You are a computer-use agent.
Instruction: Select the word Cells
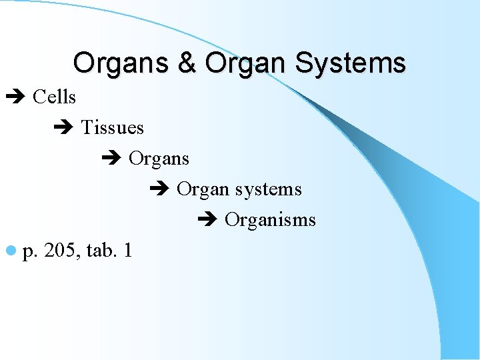click(54, 97)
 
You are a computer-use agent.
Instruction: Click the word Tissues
click(112, 127)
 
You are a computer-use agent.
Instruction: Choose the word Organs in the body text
click(159, 159)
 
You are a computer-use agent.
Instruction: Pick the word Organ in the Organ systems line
click(203, 190)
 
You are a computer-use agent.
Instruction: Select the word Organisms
click(270, 220)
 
